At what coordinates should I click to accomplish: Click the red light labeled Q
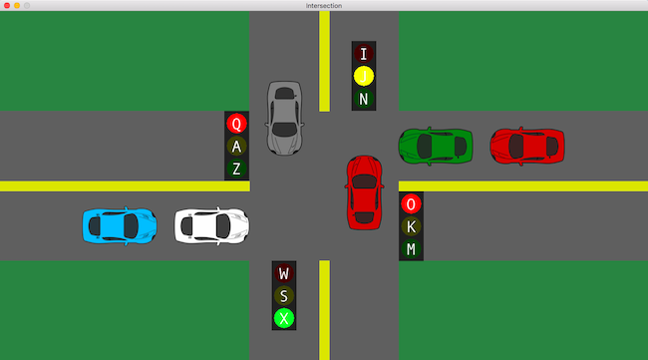click(x=236, y=124)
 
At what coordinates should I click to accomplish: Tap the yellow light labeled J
click(x=364, y=76)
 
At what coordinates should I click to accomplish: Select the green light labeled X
click(x=284, y=318)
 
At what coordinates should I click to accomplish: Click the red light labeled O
click(x=411, y=203)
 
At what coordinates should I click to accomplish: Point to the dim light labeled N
click(x=364, y=99)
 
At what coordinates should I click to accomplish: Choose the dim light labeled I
click(x=364, y=54)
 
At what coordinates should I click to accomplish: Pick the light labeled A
click(x=236, y=146)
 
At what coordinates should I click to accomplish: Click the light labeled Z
click(x=236, y=169)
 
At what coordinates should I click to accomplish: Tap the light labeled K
click(x=411, y=226)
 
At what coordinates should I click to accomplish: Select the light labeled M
click(x=411, y=249)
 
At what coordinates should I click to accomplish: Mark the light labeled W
click(x=284, y=273)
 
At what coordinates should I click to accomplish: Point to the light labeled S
click(x=284, y=296)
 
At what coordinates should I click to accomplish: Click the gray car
click(x=284, y=119)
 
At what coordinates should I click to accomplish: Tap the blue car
click(x=120, y=225)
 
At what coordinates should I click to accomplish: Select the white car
click(x=211, y=225)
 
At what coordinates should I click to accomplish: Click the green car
click(x=436, y=147)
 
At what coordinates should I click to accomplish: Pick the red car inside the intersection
click(x=364, y=192)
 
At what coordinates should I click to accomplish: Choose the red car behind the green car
click(x=527, y=147)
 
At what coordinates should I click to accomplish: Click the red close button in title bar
click(x=7, y=5)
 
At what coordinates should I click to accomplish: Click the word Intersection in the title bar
click(x=324, y=5)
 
